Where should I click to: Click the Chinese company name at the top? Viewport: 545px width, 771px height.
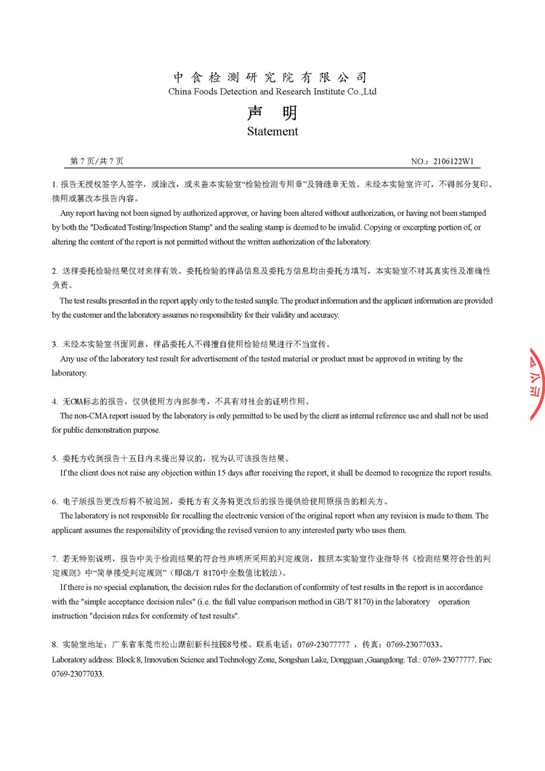[x=270, y=78]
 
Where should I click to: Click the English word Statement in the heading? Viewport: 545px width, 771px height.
[x=272, y=132]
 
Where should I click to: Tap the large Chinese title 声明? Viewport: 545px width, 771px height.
[x=272, y=113]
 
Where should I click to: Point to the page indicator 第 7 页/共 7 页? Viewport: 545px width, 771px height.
[x=97, y=161]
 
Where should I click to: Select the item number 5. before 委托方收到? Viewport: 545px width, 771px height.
[x=54, y=459]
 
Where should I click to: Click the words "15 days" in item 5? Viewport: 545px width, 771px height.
[x=231, y=473]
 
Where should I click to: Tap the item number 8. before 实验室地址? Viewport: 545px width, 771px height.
[x=54, y=645]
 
